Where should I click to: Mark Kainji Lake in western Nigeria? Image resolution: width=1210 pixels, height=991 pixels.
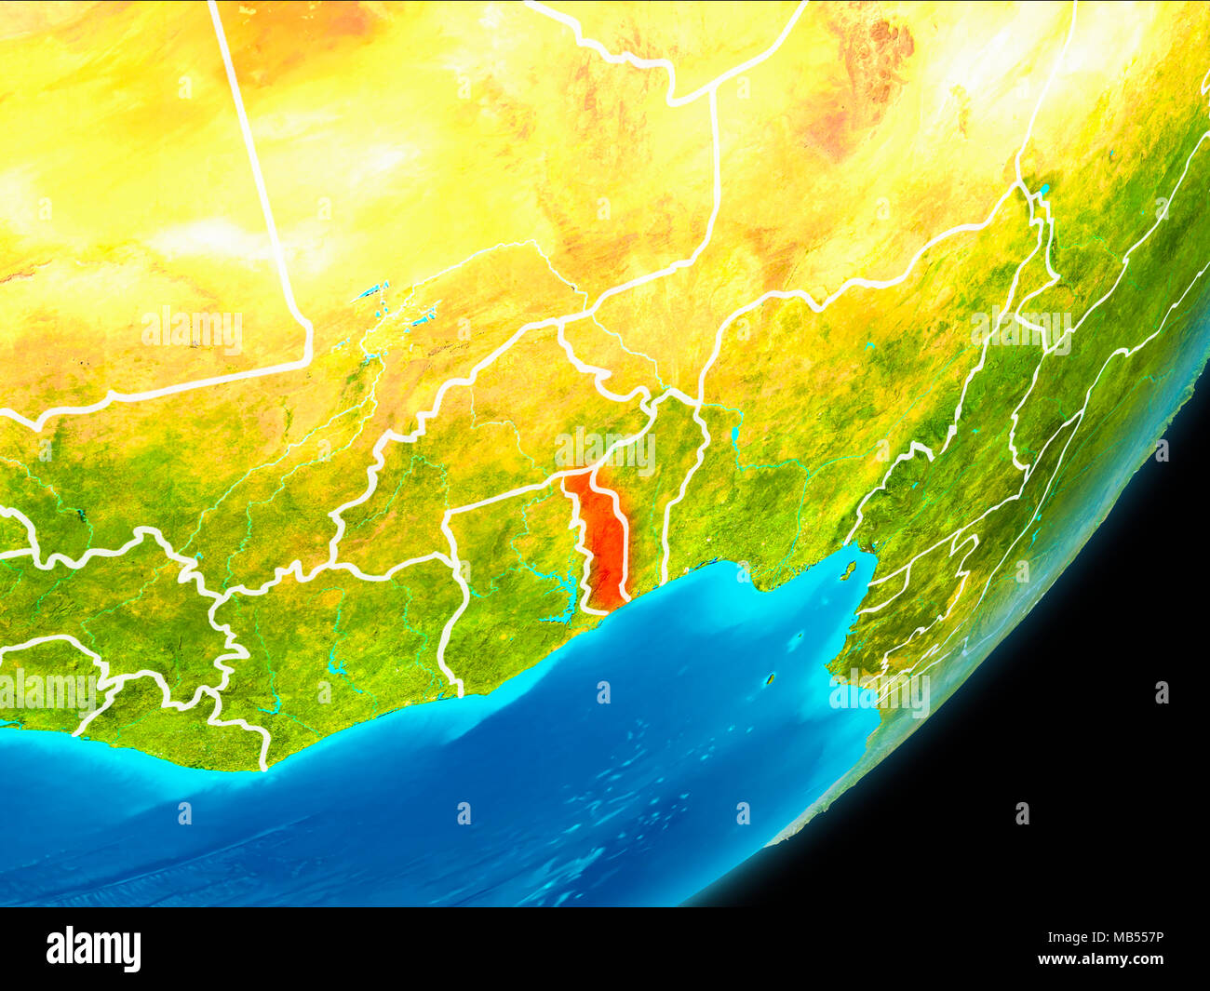tap(734, 435)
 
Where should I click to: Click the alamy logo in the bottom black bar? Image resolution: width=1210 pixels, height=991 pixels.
tap(94, 949)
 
